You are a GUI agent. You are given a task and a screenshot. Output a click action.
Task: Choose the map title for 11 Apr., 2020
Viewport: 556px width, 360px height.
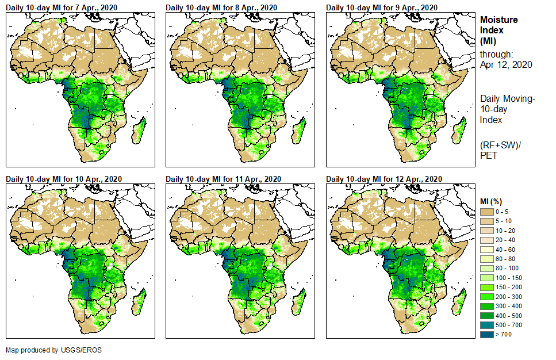[x=224, y=179]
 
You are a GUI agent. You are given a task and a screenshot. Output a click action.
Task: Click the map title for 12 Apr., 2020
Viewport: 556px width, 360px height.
[x=384, y=179]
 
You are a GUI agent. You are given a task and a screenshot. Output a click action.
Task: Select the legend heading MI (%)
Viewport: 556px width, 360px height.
[x=492, y=201]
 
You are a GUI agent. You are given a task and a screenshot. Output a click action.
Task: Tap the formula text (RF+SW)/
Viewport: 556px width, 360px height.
[x=500, y=144]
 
